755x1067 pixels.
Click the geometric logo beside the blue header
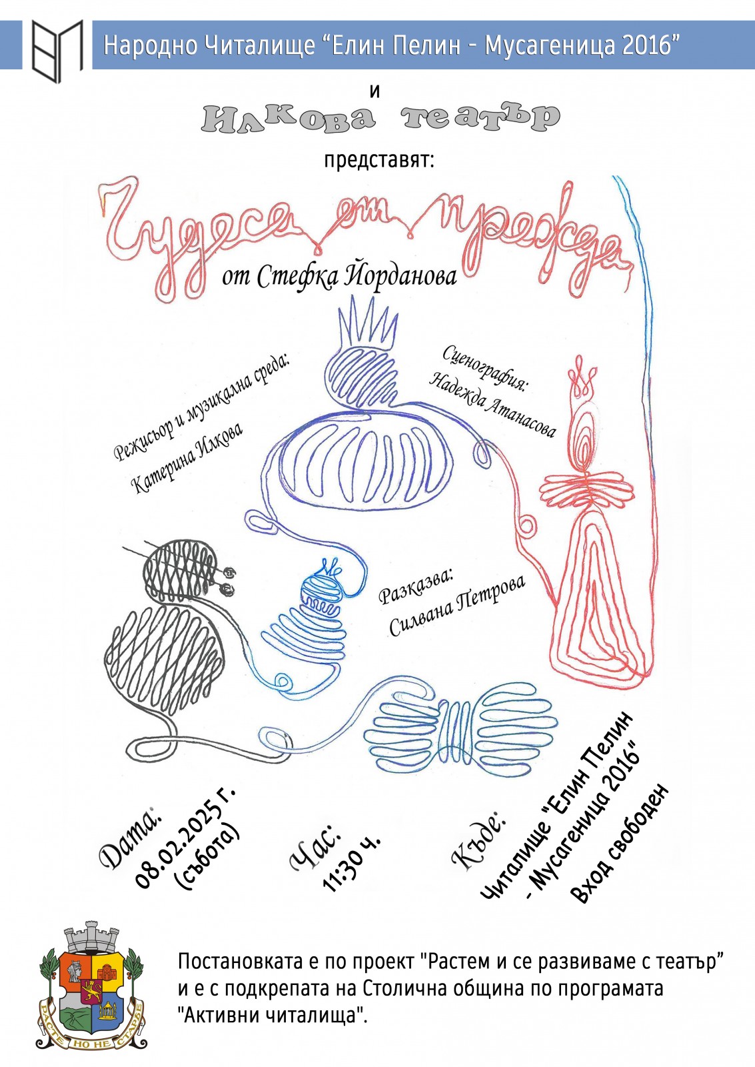57,51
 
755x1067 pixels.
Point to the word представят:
379,161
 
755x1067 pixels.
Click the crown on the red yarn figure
580,377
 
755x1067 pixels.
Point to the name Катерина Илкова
187,456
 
